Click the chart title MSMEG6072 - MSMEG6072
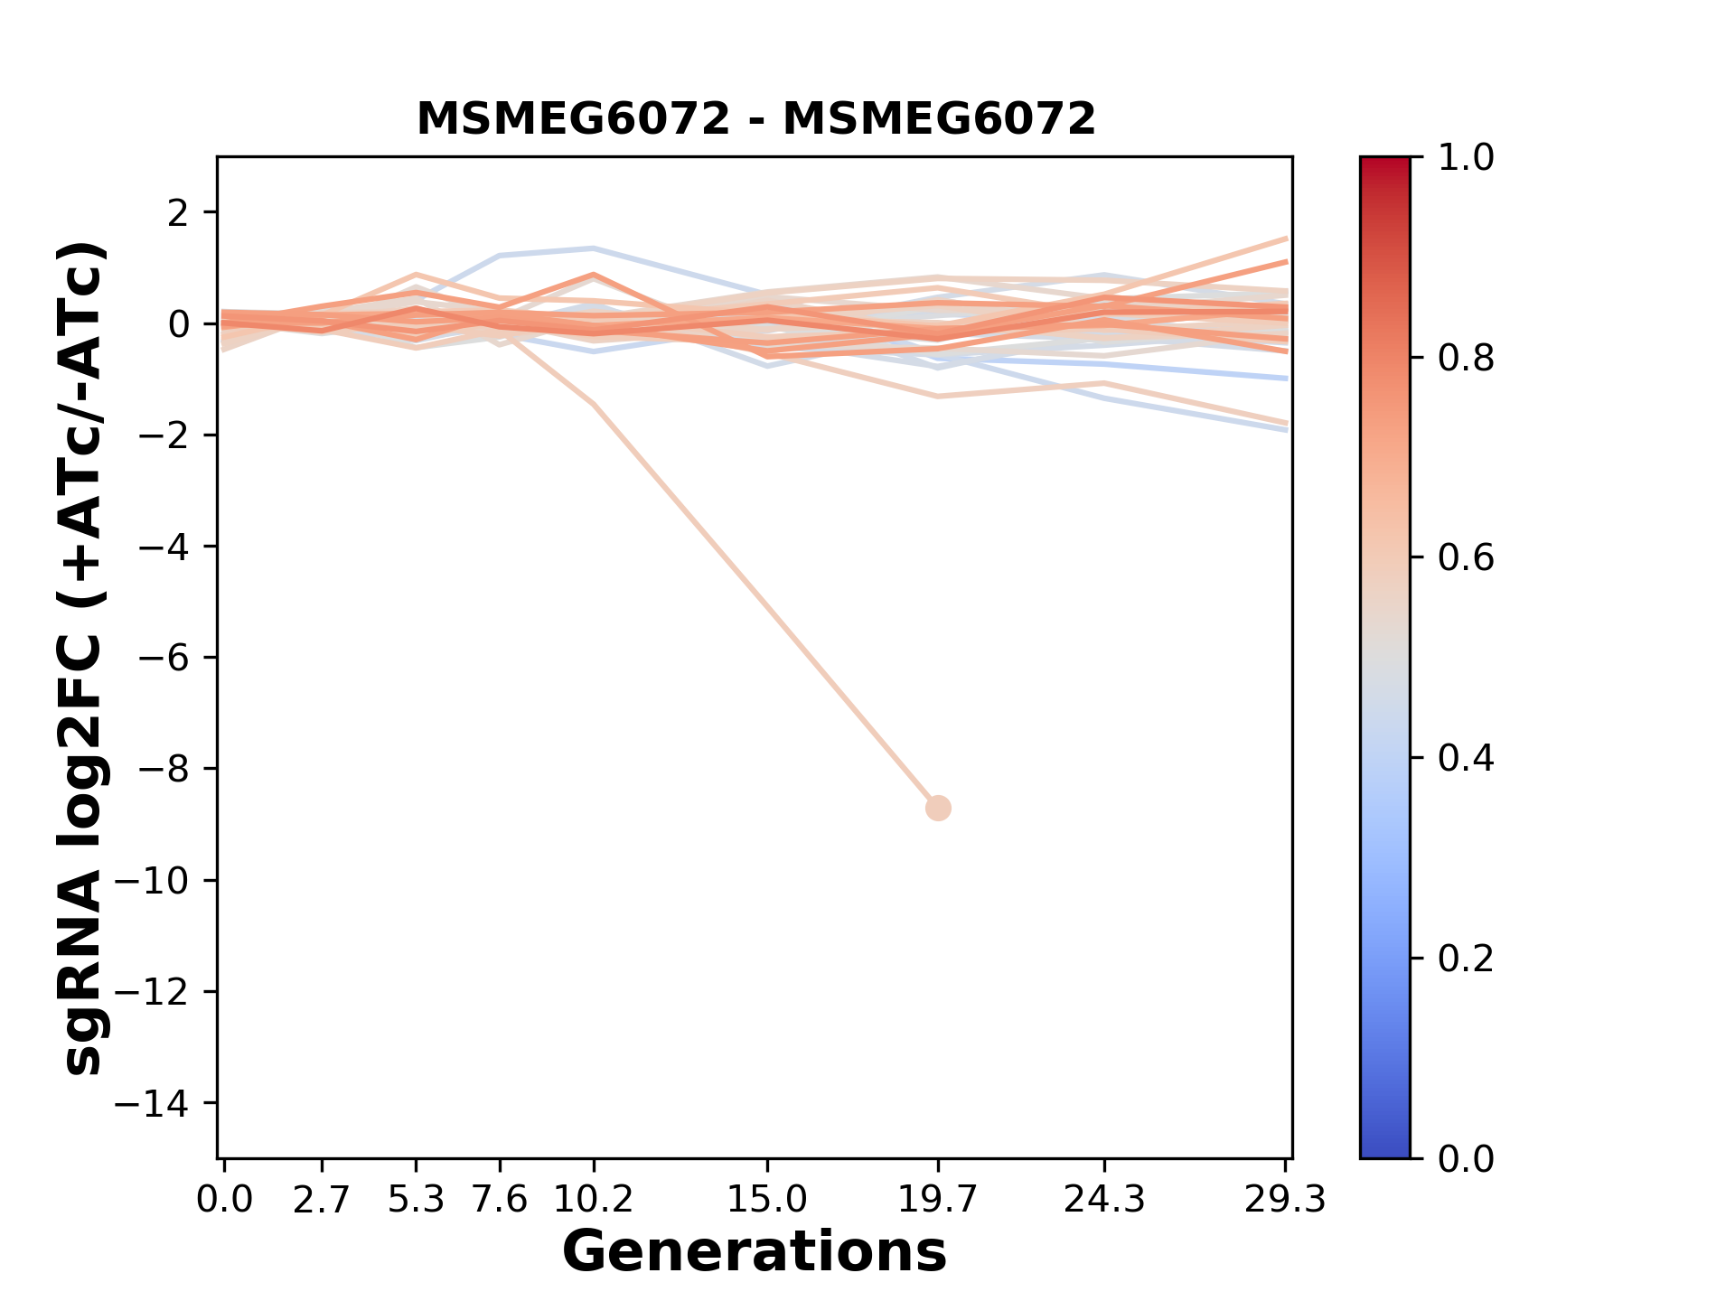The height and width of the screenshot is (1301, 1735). click(x=755, y=119)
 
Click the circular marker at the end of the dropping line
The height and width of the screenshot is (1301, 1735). click(x=938, y=808)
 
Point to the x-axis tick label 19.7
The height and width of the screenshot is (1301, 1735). click(x=937, y=1200)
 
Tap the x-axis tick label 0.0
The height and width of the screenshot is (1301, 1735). click(x=225, y=1200)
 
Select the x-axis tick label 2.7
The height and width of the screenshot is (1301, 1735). click(x=322, y=1200)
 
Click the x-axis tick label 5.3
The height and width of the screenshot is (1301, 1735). click(x=416, y=1200)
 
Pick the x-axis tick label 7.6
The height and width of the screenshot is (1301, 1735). click(x=500, y=1200)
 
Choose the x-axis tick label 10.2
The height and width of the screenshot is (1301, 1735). click(x=593, y=1200)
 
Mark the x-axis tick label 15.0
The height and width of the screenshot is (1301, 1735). click(x=767, y=1200)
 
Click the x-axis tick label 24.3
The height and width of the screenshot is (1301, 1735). click(x=1104, y=1200)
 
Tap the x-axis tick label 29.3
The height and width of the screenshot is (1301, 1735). click(x=1285, y=1200)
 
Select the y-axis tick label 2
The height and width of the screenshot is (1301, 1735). click(x=179, y=213)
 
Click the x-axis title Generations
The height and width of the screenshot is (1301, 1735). click(x=755, y=1252)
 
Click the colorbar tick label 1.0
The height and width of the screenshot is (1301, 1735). click(x=1466, y=158)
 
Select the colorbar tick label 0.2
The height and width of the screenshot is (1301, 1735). click(x=1466, y=958)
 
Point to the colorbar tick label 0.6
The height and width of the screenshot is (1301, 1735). click(x=1466, y=557)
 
